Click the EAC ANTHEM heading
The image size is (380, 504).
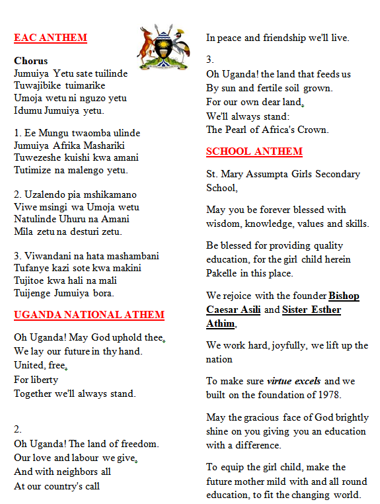click(x=50, y=38)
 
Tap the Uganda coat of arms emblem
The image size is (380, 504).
click(x=163, y=47)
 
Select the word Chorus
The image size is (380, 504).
click(x=31, y=61)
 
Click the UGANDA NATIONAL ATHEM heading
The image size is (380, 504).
click(x=89, y=315)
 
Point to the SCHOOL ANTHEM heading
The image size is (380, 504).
click(x=254, y=151)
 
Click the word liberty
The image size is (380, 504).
click(x=44, y=380)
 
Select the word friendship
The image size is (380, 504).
click(x=287, y=38)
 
